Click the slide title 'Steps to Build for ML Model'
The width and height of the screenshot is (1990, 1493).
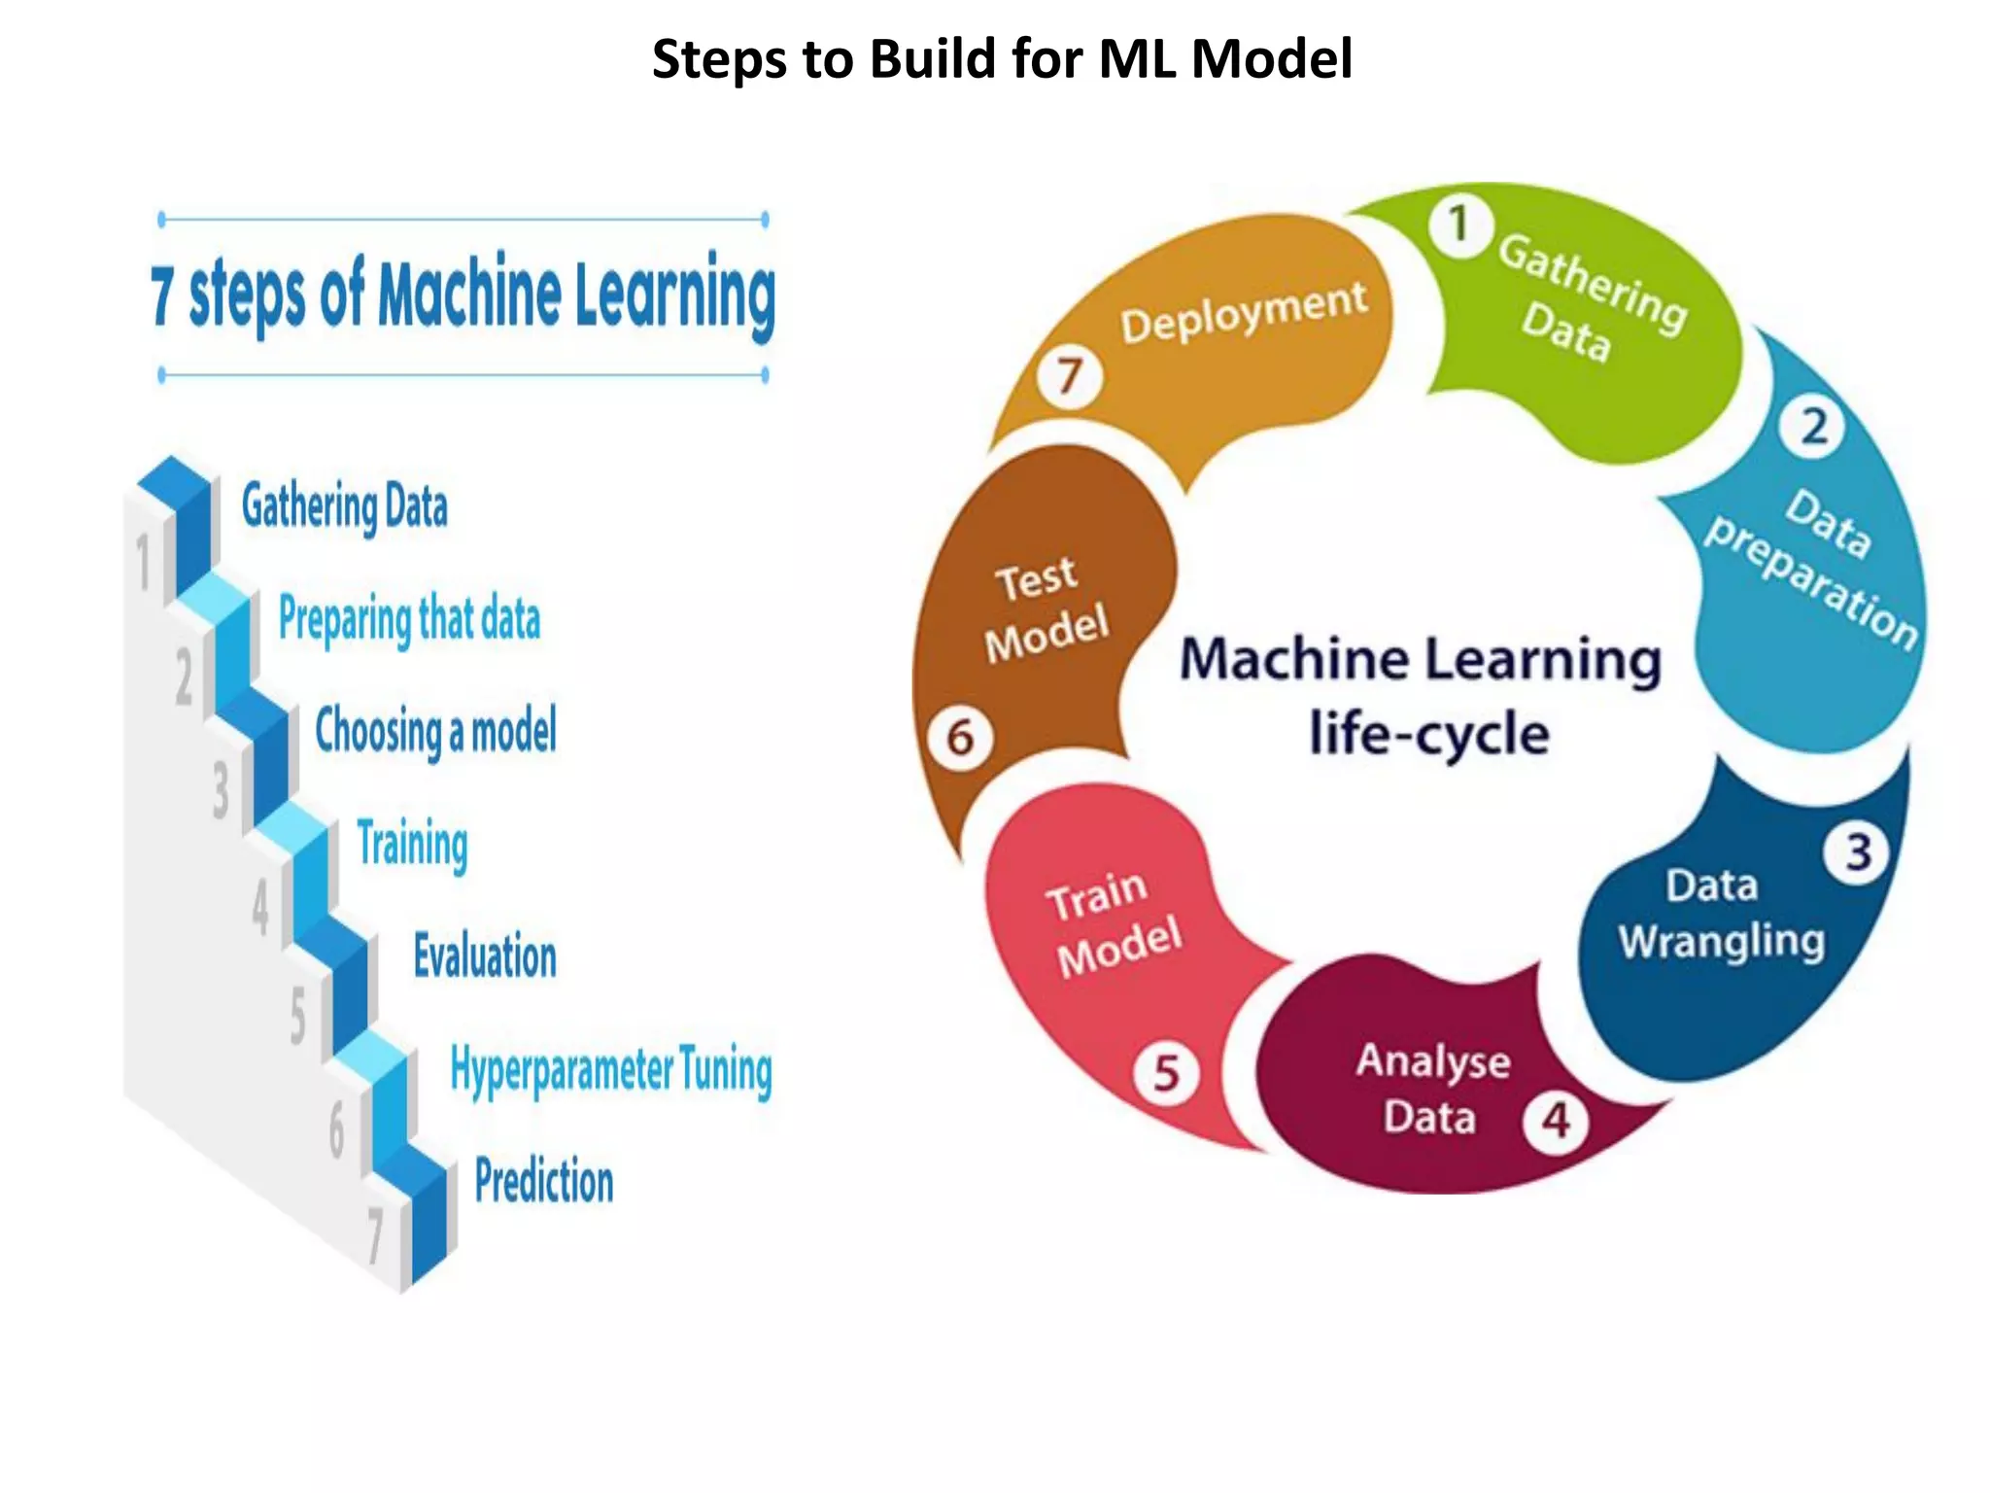(1002, 58)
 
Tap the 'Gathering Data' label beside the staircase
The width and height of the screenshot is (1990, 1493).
(345, 506)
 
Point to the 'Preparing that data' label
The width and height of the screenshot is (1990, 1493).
(409, 619)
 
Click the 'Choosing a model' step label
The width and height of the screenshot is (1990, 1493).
(436, 731)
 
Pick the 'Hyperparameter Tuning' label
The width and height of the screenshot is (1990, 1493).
(611, 1070)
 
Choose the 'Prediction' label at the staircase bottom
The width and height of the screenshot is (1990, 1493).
(544, 1182)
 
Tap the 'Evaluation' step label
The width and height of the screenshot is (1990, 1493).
(485, 955)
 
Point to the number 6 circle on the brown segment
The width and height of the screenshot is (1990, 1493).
(960, 738)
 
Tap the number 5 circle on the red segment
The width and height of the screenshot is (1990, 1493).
(1166, 1074)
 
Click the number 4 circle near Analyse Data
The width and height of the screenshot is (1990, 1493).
(1556, 1120)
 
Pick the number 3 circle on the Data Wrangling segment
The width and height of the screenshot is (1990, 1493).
(1858, 852)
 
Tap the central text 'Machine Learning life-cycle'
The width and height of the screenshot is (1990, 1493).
(1422, 695)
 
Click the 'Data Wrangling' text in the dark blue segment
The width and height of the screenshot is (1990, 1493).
(1719, 914)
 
